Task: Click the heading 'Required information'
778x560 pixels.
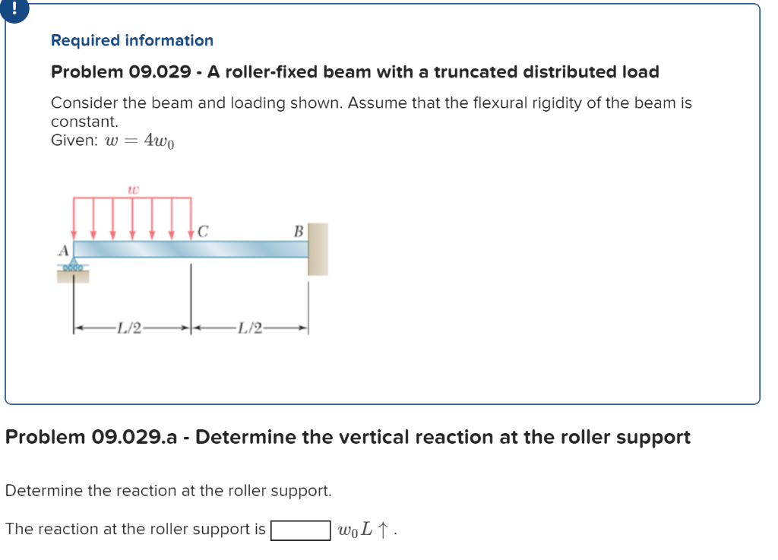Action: pos(132,40)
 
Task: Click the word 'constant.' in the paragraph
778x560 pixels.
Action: pos(84,122)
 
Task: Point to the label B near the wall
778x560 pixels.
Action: pos(299,230)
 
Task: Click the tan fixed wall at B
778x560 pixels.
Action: pos(318,248)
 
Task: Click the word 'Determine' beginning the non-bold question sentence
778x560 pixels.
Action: pos(44,491)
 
